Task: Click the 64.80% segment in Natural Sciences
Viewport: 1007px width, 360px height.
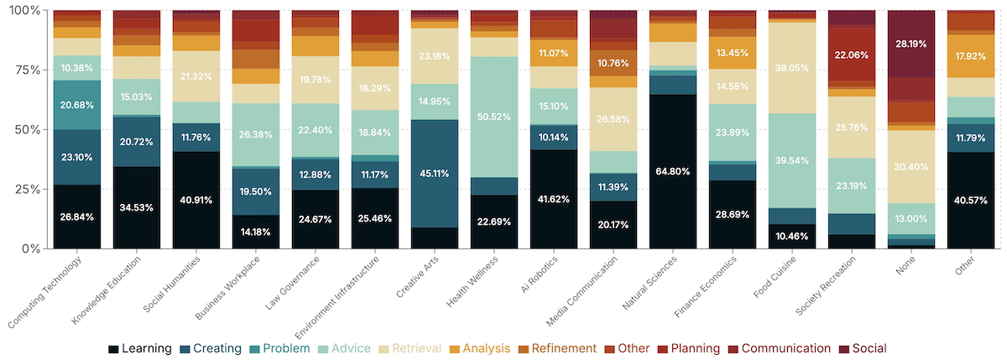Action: (x=673, y=171)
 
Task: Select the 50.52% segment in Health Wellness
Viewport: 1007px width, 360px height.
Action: (x=494, y=117)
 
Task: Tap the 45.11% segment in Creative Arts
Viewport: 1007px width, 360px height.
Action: (x=435, y=174)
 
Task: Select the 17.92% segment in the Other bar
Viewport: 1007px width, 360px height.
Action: (x=971, y=56)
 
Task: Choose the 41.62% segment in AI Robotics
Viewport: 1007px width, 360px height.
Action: (x=554, y=199)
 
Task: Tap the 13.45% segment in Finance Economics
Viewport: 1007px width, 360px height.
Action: (x=733, y=53)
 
